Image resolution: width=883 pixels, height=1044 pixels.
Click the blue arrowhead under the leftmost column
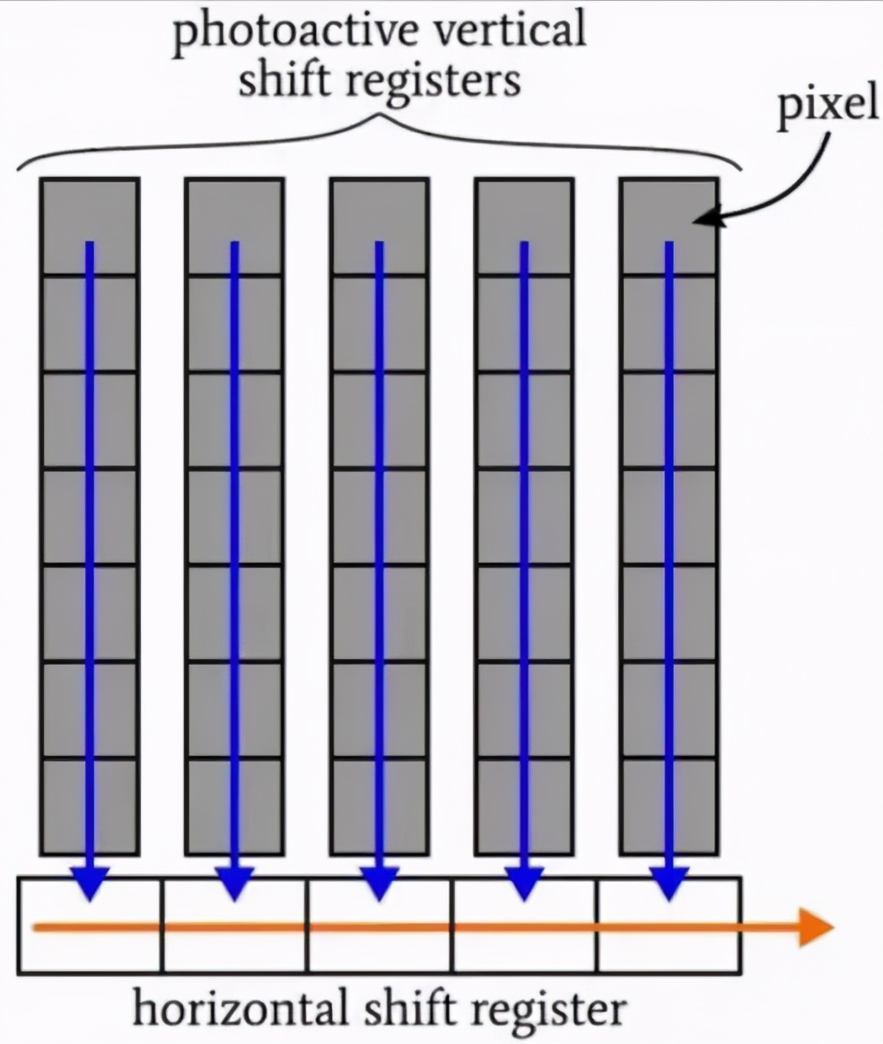coord(90,884)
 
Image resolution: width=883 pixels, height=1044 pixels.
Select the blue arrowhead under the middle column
coord(380,884)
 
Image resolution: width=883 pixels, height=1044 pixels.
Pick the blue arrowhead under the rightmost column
coord(669,884)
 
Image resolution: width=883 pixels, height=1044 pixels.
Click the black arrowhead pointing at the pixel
coord(704,218)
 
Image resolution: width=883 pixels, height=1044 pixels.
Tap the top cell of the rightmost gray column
coord(669,226)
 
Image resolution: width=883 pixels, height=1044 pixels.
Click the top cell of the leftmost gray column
coord(90,226)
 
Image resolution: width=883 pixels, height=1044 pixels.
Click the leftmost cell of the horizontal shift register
coord(90,926)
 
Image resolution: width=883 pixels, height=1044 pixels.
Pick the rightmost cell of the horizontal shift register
coord(669,926)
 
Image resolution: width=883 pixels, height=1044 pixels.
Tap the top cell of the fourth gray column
coord(524,226)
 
